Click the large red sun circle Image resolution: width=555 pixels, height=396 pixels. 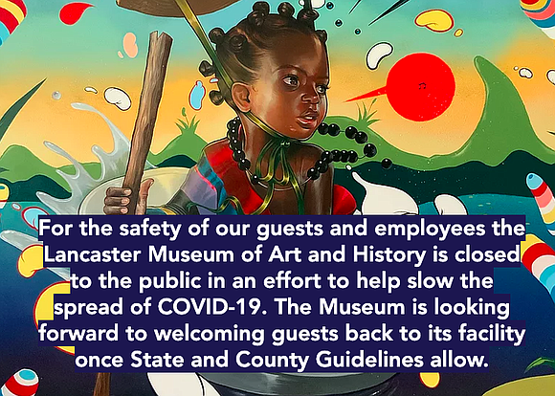tap(420, 87)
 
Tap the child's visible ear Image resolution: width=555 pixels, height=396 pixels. tap(241, 97)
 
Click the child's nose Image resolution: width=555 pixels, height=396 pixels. tap(311, 99)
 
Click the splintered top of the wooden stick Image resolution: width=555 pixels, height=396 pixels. tap(160, 37)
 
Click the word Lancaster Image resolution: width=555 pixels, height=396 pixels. tap(93, 254)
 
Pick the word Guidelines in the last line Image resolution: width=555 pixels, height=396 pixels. tap(368, 360)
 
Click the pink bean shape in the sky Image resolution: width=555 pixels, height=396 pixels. tap(129, 45)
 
